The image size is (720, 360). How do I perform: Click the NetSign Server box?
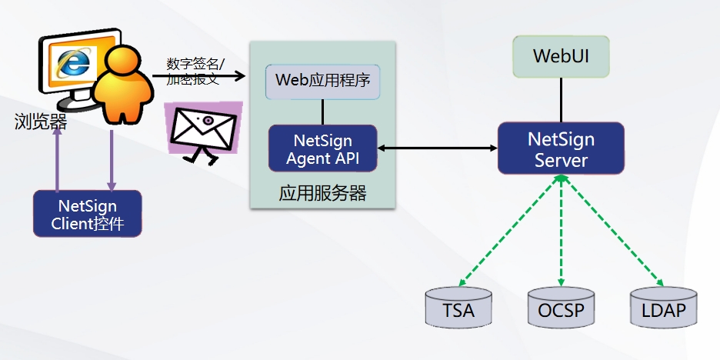click(x=561, y=148)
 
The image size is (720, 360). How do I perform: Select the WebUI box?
click(x=561, y=56)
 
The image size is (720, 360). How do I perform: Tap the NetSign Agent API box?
click(x=322, y=148)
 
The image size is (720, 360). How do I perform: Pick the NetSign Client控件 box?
click(x=87, y=214)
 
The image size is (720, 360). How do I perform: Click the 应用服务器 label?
click(x=322, y=193)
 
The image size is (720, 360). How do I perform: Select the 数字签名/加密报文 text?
click(x=195, y=70)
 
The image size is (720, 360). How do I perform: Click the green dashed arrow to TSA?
click(x=511, y=229)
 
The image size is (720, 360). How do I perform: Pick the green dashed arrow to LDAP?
click(x=612, y=229)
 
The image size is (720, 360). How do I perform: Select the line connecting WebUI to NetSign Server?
click(x=561, y=99)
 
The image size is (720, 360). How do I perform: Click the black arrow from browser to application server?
click(x=198, y=76)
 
